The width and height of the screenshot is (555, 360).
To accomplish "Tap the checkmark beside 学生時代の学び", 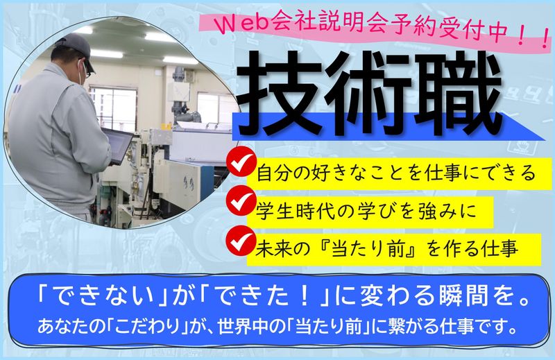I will coord(241,203).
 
